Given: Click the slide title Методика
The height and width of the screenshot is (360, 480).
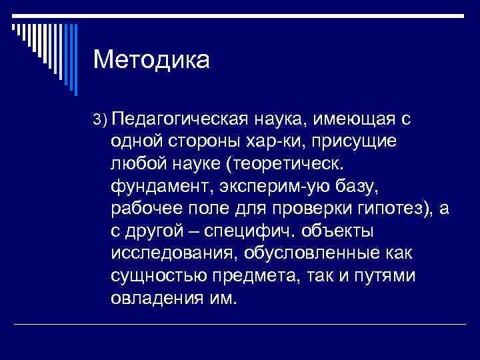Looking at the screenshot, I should coord(151,61).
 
